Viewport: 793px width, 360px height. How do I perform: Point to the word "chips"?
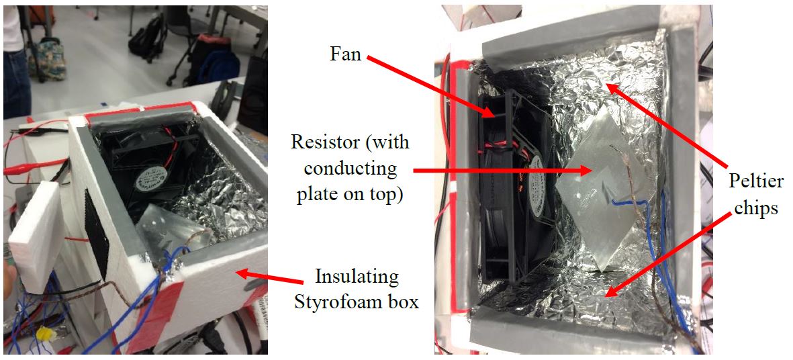pyautogui.click(x=755, y=207)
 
